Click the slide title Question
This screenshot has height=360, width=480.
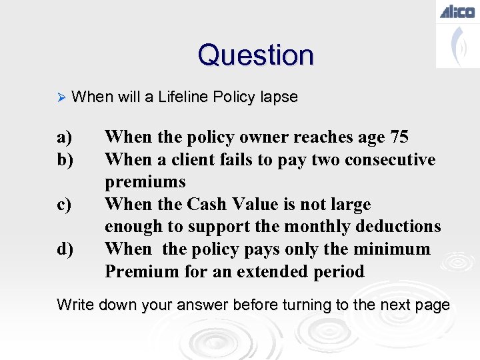(255, 55)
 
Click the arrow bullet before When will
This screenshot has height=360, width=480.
(61, 97)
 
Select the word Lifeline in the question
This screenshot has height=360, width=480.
(183, 97)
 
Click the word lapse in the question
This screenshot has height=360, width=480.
(279, 97)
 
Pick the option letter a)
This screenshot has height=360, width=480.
(64, 137)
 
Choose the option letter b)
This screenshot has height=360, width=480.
(65, 160)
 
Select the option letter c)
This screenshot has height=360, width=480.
(64, 205)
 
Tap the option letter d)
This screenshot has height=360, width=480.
(65, 249)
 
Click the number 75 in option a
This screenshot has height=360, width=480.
(399, 137)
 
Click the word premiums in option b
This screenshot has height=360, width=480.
(145, 183)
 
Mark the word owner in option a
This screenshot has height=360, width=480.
(259, 137)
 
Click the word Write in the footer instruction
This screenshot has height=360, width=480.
(75, 305)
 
